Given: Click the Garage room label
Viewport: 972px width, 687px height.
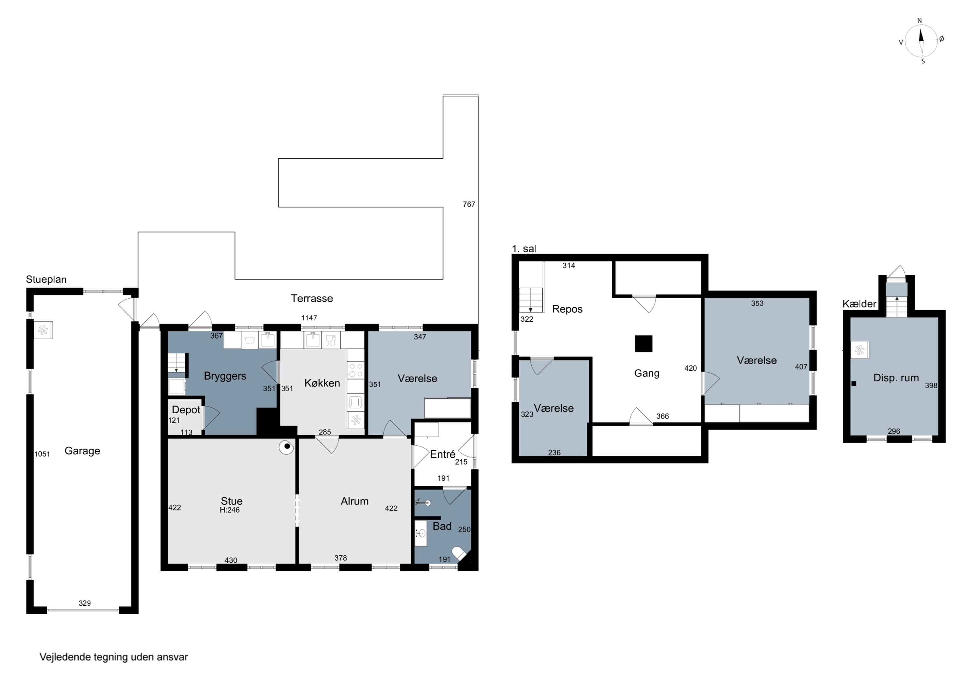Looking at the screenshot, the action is [82, 451].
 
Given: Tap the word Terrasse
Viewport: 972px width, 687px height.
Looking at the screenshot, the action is [312, 298].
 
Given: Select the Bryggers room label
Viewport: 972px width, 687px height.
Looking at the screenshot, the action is [225, 376].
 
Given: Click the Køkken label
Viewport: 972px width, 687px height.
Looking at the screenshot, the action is [322, 383].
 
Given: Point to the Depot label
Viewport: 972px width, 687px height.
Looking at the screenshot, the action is [186, 410].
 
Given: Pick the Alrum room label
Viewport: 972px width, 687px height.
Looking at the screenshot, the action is [354, 501].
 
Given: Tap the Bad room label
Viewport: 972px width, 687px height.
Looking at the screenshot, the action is [442, 526].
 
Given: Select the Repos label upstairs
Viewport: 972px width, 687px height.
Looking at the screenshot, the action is [567, 309].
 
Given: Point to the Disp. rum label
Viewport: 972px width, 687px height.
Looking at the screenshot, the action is [896, 378].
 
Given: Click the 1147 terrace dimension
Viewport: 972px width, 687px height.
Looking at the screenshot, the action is [309, 318].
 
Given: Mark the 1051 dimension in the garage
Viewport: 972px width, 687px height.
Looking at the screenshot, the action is [42, 454].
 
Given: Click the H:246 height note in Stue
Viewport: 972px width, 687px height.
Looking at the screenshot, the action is [229, 510].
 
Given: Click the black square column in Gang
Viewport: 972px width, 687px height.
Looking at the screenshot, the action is [643, 344].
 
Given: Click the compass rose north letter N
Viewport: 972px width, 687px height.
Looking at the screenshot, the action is [919, 21].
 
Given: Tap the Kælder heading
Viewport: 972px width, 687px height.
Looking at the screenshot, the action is [859, 304].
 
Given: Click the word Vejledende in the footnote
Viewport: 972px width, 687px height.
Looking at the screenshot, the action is [65, 657].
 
